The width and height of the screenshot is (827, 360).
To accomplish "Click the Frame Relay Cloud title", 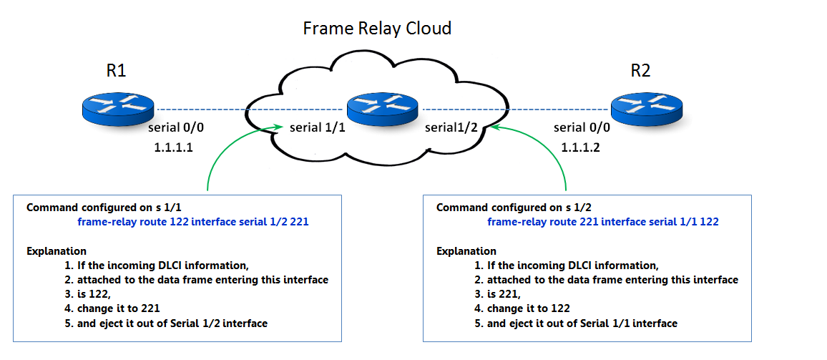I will (377, 29).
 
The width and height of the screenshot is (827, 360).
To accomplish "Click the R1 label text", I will (116, 71).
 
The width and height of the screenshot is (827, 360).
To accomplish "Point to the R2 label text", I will (640, 71).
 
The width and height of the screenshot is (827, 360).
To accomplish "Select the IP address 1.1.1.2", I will (581, 147).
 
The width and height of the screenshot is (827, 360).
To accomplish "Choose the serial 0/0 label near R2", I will (583, 129).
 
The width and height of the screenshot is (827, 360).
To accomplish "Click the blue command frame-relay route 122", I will (193, 223).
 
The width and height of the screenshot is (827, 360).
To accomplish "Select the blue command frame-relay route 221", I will (603, 223).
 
